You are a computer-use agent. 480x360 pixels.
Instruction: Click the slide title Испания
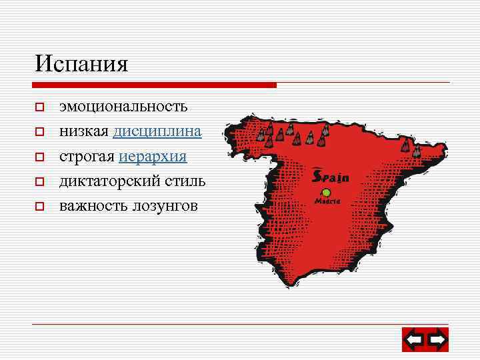(x=81, y=64)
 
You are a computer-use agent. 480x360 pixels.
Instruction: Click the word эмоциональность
(x=123, y=107)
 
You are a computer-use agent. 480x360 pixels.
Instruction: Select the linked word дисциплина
(x=157, y=131)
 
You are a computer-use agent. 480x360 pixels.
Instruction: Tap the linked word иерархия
(x=153, y=157)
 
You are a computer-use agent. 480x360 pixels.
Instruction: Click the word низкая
(x=84, y=131)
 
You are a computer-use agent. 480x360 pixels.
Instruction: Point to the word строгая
(x=87, y=157)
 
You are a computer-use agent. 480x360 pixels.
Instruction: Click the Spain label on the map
(x=330, y=177)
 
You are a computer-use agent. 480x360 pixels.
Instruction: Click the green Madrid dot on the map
(x=327, y=193)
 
